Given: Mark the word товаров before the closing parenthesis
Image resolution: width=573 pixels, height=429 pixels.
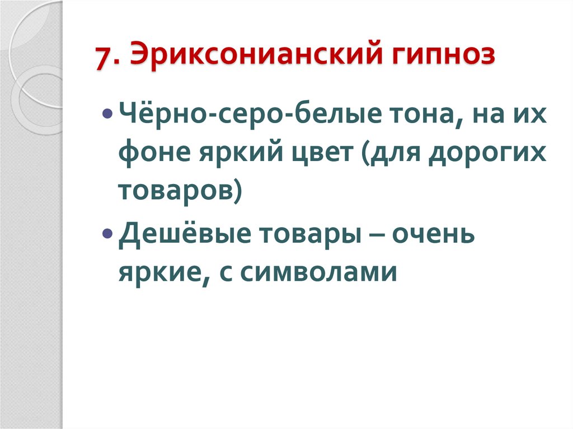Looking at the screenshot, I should coord(175,191).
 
